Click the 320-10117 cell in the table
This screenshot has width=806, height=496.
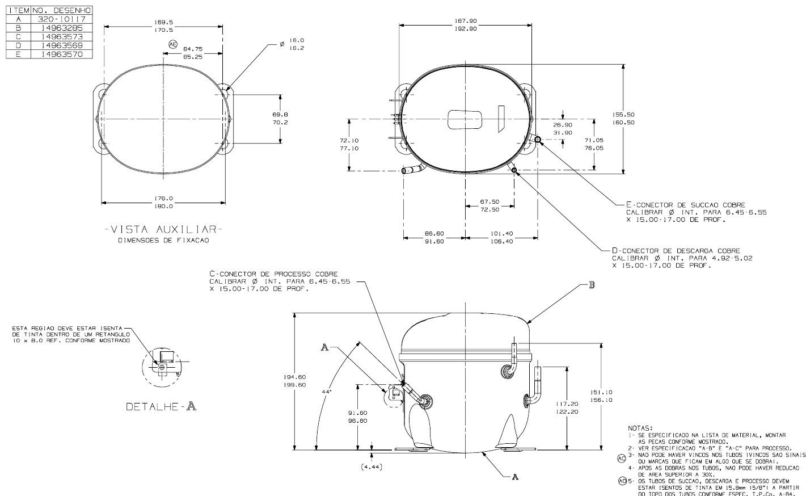61,19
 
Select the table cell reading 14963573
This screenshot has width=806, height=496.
61,37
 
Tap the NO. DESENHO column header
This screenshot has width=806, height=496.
61,10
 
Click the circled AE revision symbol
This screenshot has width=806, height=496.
173,44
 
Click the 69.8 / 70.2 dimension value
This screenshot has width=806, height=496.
280,119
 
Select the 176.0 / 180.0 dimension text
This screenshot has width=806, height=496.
164,202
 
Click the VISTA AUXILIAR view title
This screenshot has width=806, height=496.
164,229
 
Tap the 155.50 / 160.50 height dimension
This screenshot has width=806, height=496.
623,119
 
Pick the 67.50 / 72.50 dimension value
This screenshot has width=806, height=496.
489,205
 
